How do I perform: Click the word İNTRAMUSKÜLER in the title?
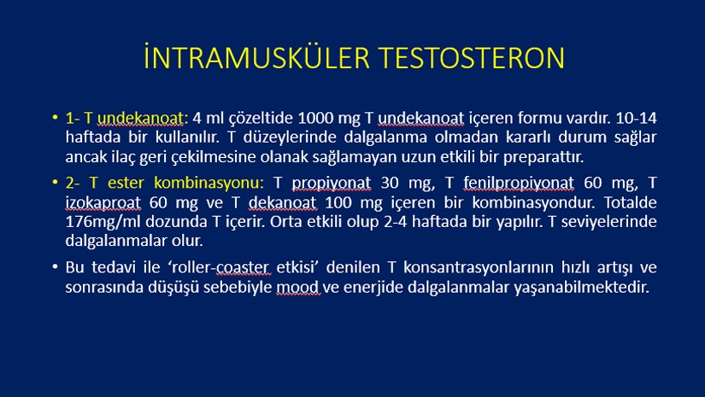click(x=256, y=57)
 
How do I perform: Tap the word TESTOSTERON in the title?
click(x=471, y=58)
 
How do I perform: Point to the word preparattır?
click(x=543, y=157)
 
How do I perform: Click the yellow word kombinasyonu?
click(x=209, y=183)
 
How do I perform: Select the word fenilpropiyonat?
click(x=519, y=184)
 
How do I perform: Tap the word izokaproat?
click(x=103, y=203)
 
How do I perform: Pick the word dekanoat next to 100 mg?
click(x=282, y=202)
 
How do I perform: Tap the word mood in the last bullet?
click(x=297, y=287)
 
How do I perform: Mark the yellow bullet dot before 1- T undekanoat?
click(x=55, y=118)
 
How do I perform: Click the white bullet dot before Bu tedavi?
click(x=55, y=266)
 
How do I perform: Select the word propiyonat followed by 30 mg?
click(x=332, y=184)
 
